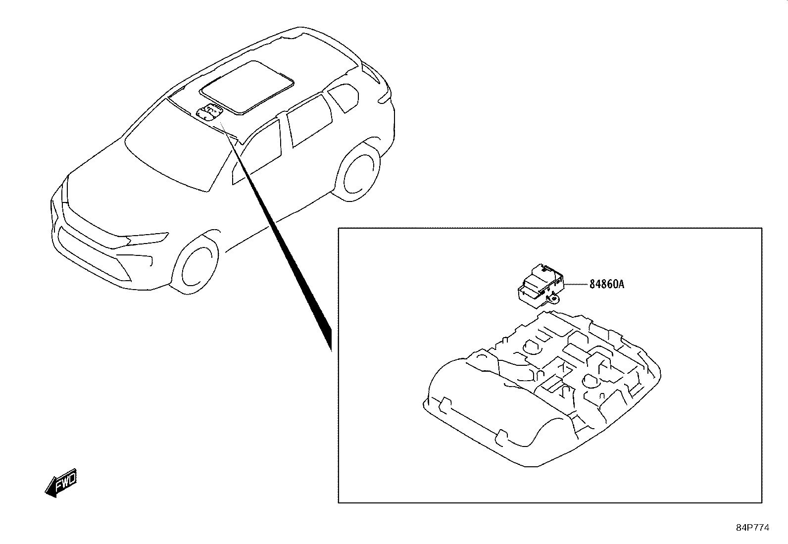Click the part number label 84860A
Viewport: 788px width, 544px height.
(607, 284)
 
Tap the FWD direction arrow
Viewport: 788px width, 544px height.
(61, 483)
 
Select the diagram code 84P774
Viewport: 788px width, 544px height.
(752, 528)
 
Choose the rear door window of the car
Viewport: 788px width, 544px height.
(309, 120)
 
